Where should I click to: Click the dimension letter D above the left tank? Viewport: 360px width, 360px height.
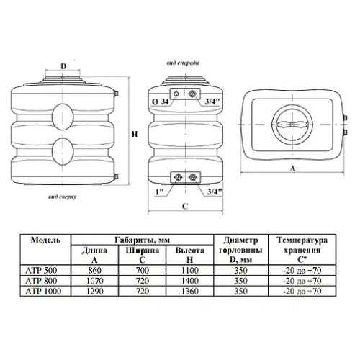pyautogui.click(x=63, y=66)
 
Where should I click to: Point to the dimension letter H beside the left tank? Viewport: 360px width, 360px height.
pyautogui.click(x=135, y=134)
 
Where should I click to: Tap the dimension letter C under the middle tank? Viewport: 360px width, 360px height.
pyautogui.click(x=185, y=206)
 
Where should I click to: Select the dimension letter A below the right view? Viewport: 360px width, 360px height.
pyautogui.click(x=292, y=168)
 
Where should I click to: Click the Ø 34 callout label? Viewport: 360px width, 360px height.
pyautogui.click(x=161, y=102)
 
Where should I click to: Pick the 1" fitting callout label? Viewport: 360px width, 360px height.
pyautogui.click(x=160, y=192)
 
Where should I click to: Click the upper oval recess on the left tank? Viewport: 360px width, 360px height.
pyautogui.click(x=63, y=117)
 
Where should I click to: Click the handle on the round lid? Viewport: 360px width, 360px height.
pyautogui.click(x=292, y=125)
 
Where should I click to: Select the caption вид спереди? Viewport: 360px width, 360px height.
pyautogui.click(x=183, y=63)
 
